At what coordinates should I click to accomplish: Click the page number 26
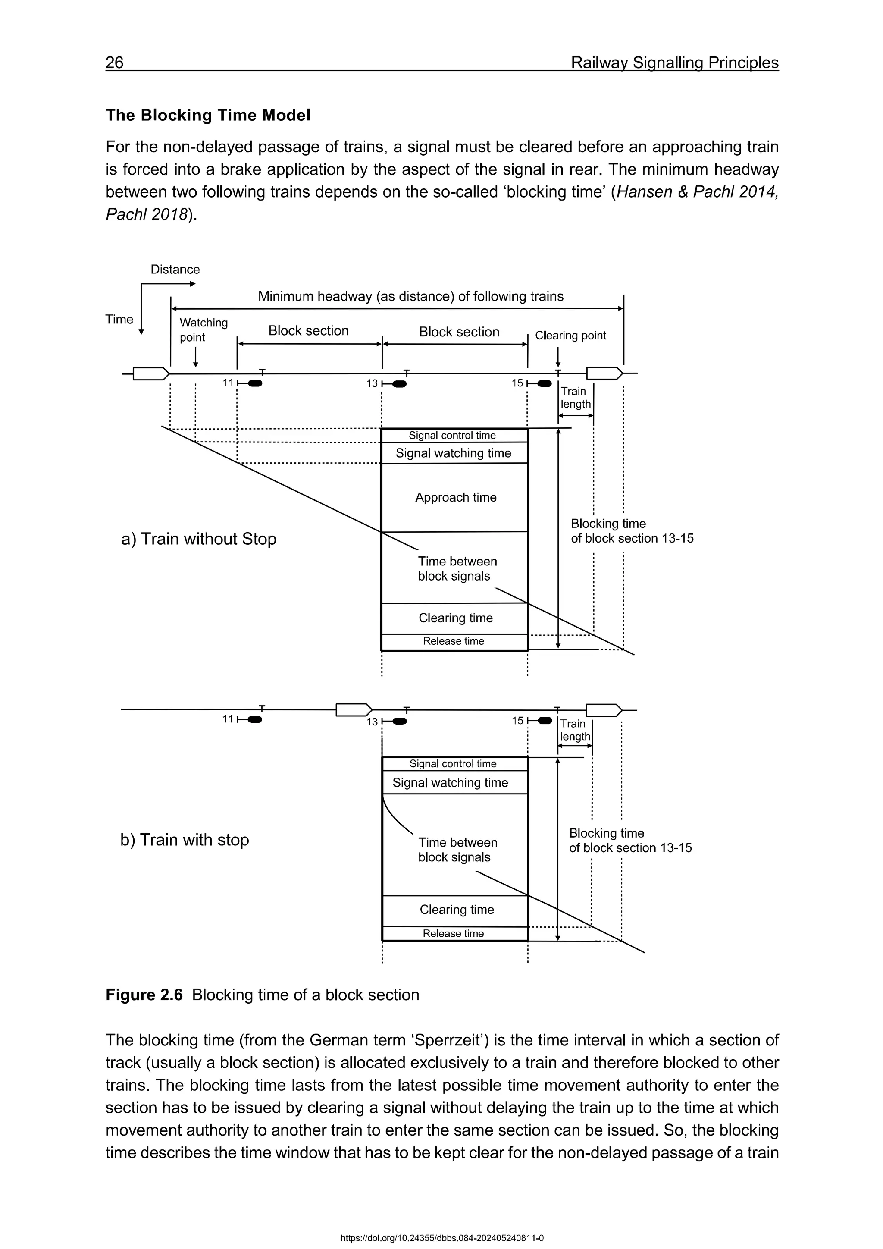[115, 63]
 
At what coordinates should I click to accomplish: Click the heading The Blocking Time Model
[208, 115]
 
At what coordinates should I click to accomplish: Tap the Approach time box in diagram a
[455, 497]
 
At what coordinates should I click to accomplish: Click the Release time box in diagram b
[454, 933]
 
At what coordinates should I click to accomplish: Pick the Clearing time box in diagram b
[456, 910]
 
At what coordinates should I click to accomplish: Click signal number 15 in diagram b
[517, 721]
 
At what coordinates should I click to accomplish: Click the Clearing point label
[570, 336]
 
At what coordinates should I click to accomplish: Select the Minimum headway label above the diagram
[410, 296]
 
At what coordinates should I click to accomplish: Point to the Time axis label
[119, 319]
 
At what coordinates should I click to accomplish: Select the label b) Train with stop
[185, 840]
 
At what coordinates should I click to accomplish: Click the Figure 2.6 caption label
[144, 995]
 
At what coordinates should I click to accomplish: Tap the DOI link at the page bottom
[441, 1238]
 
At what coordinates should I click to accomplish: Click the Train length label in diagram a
[575, 398]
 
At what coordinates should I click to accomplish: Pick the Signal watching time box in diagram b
[450, 783]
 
